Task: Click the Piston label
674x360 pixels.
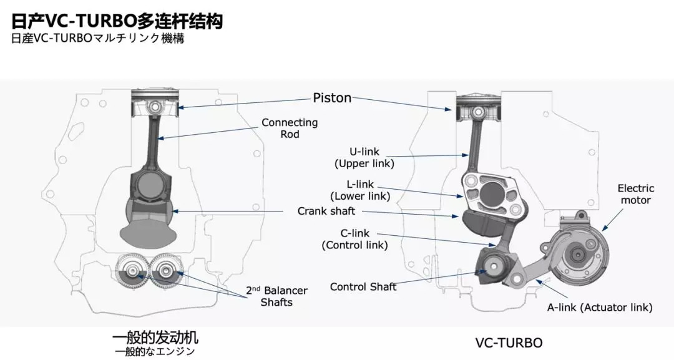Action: click(x=332, y=98)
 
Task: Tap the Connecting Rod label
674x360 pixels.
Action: click(x=290, y=129)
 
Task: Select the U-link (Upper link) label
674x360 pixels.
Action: click(x=365, y=158)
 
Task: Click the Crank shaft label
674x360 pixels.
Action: click(x=326, y=212)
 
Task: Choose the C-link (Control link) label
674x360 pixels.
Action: click(x=354, y=240)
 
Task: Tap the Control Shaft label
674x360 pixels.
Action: click(x=363, y=287)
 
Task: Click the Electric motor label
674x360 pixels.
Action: click(x=635, y=194)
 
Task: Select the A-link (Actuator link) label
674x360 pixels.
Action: click(x=600, y=308)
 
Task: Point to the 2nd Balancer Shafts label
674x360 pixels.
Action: click(x=276, y=296)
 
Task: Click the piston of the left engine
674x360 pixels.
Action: click(x=155, y=102)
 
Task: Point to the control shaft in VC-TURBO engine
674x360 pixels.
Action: click(x=493, y=266)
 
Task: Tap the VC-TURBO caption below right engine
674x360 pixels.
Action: click(x=509, y=343)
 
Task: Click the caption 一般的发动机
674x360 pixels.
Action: click(x=155, y=338)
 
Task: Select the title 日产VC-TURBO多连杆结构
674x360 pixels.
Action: click(x=117, y=22)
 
